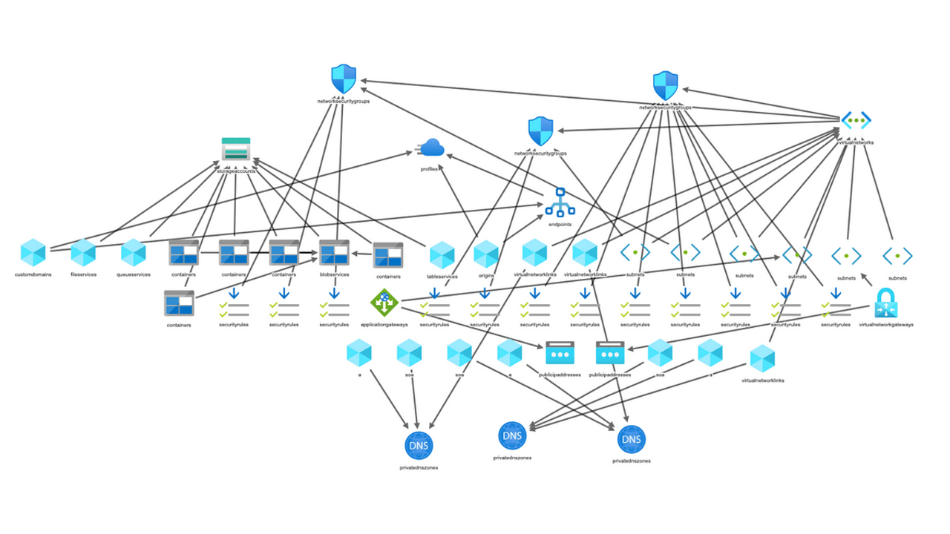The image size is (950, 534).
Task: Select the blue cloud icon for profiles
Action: pyautogui.click(x=430, y=148)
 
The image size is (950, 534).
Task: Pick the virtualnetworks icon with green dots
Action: pyautogui.click(x=856, y=120)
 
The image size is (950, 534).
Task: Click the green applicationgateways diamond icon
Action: pyautogui.click(x=384, y=301)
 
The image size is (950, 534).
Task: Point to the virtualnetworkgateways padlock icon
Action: pyautogui.click(x=886, y=303)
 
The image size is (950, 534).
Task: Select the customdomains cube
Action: pyautogui.click(x=33, y=253)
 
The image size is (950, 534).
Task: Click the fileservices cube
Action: pyautogui.click(x=83, y=253)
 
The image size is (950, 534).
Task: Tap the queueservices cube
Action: pyautogui.click(x=134, y=253)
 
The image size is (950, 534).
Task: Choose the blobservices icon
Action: pyautogui.click(x=334, y=253)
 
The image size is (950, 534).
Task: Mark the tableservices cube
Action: pyautogui.click(x=442, y=255)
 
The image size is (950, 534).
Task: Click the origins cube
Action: pyautogui.click(x=486, y=254)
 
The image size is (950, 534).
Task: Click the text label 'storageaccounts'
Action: pyautogui.click(x=236, y=171)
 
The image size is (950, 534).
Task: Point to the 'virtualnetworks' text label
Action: pyautogui.click(x=856, y=142)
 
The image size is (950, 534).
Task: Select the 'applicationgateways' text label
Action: pyautogui.click(x=384, y=325)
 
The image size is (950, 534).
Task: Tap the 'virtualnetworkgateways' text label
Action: pyautogui.click(x=886, y=325)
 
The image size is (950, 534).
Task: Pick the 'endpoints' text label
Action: pyautogui.click(x=560, y=223)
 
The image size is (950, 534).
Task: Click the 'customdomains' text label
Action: pyautogui.click(x=33, y=275)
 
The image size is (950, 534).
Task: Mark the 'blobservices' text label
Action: pyautogui.click(x=334, y=275)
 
